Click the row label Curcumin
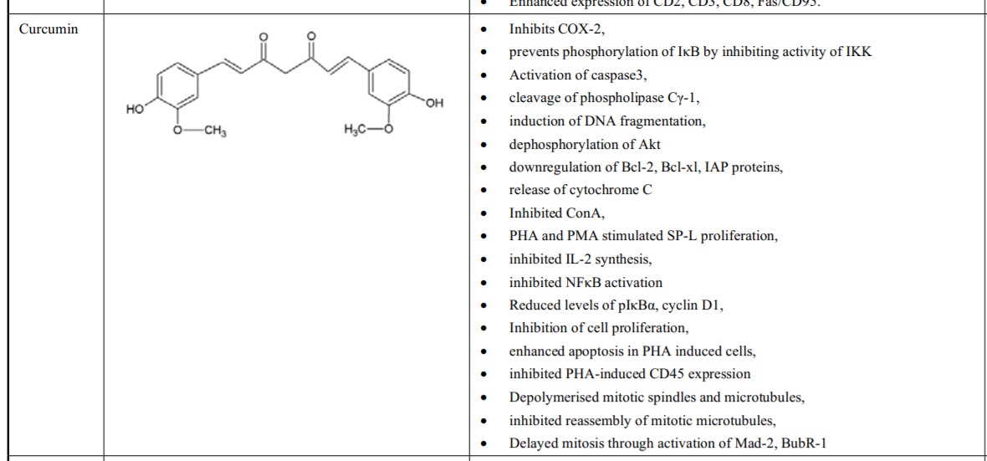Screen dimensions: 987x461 click(49, 29)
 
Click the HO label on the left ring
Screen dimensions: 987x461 click(135, 109)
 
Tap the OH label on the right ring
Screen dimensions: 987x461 click(433, 103)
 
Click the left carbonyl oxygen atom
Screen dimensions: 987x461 click(263, 38)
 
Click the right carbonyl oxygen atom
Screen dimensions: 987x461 click(311, 38)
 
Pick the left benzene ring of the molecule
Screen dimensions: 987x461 click(175, 86)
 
